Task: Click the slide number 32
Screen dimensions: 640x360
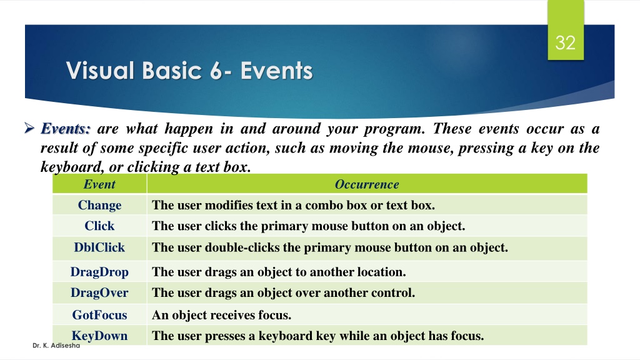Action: (x=565, y=43)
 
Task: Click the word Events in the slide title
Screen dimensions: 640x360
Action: (x=276, y=71)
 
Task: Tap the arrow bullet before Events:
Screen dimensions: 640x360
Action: (x=29, y=128)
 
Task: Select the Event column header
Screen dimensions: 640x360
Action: (x=99, y=184)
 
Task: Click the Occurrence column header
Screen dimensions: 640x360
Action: (x=367, y=184)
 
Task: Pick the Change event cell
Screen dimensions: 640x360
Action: (x=99, y=205)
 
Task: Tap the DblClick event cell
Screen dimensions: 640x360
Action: (x=99, y=247)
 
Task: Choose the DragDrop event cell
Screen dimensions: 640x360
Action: (x=99, y=272)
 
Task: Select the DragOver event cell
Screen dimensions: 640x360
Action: (x=99, y=292)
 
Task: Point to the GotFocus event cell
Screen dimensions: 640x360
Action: (x=99, y=315)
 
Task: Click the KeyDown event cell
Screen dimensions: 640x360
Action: (x=99, y=336)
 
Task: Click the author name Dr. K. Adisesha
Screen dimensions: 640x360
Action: (x=56, y=345)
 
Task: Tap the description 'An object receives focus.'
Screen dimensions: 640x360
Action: (x=222, y=315)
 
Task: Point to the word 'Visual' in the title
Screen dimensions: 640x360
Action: (x=101, y=71)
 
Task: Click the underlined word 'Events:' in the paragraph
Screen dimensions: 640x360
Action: (x=66, y=129)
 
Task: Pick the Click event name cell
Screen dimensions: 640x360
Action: (x=99, y=226)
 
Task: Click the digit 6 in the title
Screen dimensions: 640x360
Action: (x=216, y=71)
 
